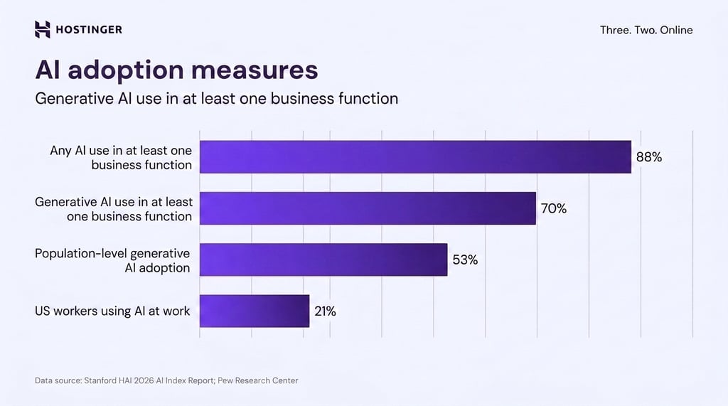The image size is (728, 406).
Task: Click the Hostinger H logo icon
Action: pyautogui.click(x=42, y=29)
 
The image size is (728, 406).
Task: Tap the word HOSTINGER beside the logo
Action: pyautogui.click(x=89, y=30)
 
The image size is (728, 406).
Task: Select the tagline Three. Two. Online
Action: pyautogui.click(x=646, y=30)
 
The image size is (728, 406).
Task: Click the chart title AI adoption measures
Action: pyautogui.click(x=176, y=70)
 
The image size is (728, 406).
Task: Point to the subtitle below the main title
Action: pyautogui.click(x=216, y=99)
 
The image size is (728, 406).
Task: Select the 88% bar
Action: pyautogui.click(x=415, y=157)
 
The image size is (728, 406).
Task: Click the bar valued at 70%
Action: pyautogui.click(x=368, y=208)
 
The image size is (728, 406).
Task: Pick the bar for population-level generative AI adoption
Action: pyautogui.click(x=323, y=260)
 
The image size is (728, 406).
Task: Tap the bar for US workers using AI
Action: pyautogui.click(x=255, y=311)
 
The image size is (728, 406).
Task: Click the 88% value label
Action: pyautogui.click(x=648, y=157)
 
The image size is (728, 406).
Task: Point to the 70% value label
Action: pyautogui.click(x=553, y=208)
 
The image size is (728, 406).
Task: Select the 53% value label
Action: pyautogui.click(x=465, y=260)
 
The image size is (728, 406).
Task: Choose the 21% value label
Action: pyautogui.click(x=325, y=311)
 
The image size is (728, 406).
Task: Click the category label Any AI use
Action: pyautogui.click(x=121, y=157)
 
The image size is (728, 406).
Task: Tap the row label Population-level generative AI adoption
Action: pyautogui.click(x=112, y=260)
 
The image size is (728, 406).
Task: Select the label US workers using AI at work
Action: pyautogui.click(x=112, y=311)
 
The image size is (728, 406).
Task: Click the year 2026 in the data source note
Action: pyautogui.click(x=144, y=380)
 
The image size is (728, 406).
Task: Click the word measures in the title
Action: pyautogui.click(x=255, y=70)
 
